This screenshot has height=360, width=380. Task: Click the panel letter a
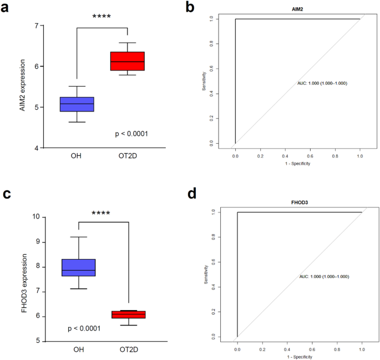coord(8,9)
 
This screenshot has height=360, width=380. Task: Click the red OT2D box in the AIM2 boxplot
coord(127,61)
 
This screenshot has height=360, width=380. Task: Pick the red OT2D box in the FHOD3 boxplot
coord(128,315)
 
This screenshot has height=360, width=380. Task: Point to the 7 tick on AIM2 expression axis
coord(36,26)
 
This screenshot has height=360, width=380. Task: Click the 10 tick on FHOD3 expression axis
coord(34,217)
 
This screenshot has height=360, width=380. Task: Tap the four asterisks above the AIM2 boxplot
coord(102,17)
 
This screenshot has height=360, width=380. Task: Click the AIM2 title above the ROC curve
coord(297,9)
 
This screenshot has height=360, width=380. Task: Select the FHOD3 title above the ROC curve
coord(300,202)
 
